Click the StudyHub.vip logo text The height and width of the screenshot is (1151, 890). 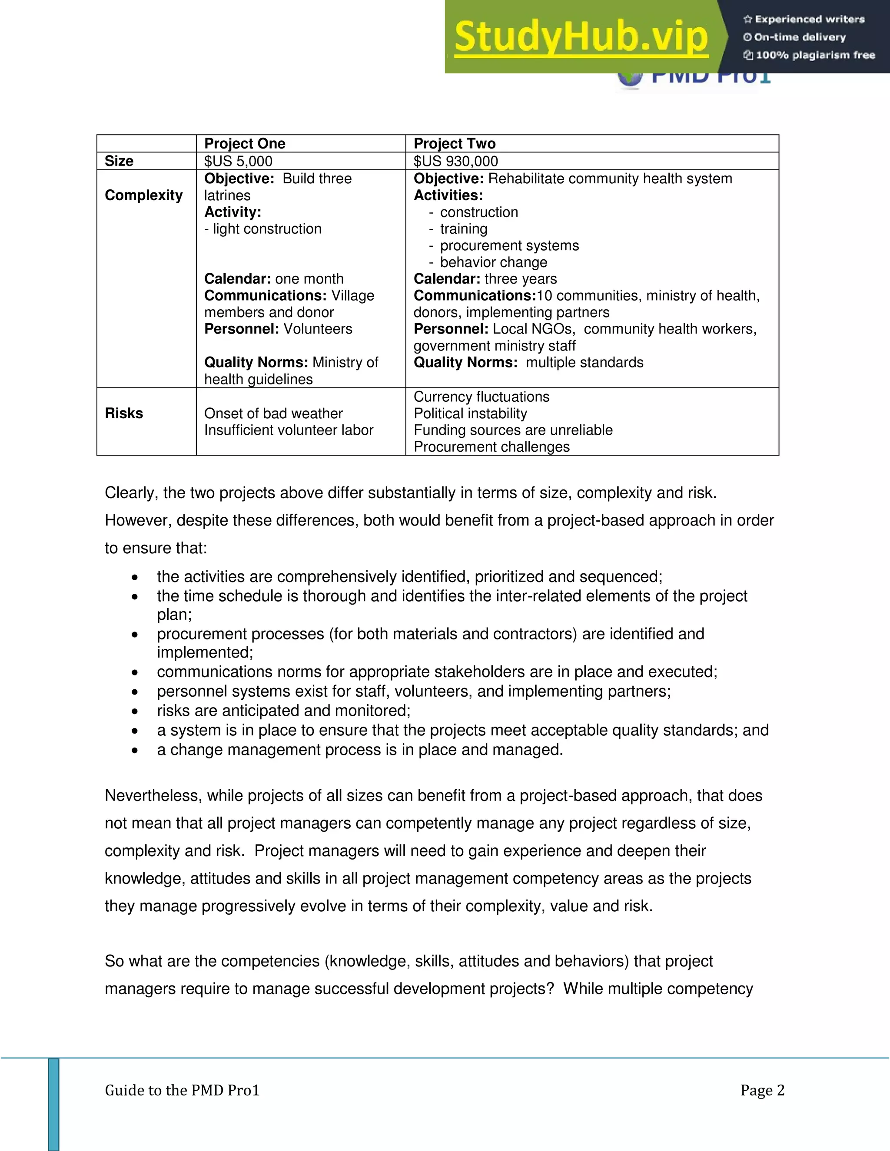(581, 37)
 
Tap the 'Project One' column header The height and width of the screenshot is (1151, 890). (245, 143)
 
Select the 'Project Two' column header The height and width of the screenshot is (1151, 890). (455, 143)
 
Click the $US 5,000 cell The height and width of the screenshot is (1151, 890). (238, 161)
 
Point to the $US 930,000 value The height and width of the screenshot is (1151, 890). (455, 161)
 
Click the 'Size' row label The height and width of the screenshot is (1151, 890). (119, 161)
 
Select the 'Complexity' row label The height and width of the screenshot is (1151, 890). (143, 195)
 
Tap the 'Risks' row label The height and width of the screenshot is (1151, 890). (124, 413)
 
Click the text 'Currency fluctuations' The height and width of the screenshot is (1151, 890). (482, 397)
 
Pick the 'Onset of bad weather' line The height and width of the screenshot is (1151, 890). (273, 413)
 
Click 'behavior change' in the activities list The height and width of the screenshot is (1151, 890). (494, 262)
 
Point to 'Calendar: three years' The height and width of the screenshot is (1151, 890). (485, 279)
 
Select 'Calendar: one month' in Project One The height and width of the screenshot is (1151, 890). (274, 279)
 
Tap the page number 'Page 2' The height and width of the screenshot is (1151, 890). (762, 1090)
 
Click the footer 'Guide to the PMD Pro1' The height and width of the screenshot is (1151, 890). (182, 1090)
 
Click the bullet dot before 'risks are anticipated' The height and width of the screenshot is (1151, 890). (135, 711)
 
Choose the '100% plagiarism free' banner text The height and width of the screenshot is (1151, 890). (815, 55)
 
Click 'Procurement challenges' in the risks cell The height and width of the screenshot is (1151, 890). (491, 447)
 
